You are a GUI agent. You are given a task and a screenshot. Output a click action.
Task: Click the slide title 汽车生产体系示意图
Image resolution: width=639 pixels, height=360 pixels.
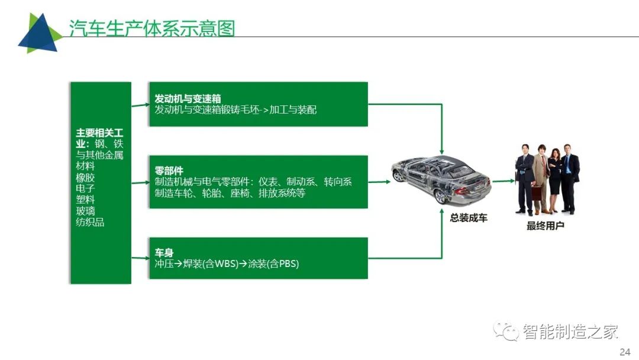pyautogui.click(x=151, y=28)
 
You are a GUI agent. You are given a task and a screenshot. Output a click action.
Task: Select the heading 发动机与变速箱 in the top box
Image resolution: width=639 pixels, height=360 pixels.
pyautogui.click(x=188, y=98)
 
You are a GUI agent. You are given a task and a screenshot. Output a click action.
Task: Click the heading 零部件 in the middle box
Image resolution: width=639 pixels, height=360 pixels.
pyautogui.click(x=169, y=171)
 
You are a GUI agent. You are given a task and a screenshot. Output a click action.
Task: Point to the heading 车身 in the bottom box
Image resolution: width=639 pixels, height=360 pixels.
pyautogui.click(x=164, y=253)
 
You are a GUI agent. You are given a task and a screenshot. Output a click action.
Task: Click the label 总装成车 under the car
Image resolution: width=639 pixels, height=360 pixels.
pyautogui.click(x=469, y=218)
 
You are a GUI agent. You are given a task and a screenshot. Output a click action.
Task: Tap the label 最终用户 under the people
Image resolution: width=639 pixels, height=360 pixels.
pyautogui.click(x=546, y=226)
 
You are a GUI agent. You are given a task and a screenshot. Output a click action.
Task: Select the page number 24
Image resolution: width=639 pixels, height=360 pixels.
pyautogui.click(x=625, y=352)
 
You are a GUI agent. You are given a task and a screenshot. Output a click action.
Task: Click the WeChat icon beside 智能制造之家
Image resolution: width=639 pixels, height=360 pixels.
pyautogui.click(x=506, y=330)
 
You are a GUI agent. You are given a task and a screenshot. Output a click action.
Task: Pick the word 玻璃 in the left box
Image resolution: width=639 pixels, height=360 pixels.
pyautogui.click(x=85, y=211)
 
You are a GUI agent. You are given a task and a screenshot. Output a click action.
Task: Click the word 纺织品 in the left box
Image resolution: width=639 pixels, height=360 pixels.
pyautogui.click(x=90, y=222)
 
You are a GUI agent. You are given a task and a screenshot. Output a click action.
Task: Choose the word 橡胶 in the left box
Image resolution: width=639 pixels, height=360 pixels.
pyautogui.click(x=85, y=178)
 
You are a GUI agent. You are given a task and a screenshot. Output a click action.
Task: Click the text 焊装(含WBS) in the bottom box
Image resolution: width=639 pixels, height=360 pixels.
pyautogui.click(x=210, y=263)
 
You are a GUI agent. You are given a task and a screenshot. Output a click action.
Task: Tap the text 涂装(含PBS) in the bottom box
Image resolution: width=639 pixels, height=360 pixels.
pyautogui.click(x=273, y=263)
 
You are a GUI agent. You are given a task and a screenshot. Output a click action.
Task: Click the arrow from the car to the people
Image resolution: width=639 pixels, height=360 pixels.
pyautogui.click(x=504, y=181)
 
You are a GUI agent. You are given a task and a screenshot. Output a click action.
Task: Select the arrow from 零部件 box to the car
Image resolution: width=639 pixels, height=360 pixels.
pyautogui.click(x=379, y=182)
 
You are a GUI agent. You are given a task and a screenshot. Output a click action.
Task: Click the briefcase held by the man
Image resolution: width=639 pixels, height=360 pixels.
pyautogui.click(x=537, y=192)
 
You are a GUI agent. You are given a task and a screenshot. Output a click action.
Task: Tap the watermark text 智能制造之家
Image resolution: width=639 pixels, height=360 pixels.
pyautogui.click(x=570, y=332)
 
